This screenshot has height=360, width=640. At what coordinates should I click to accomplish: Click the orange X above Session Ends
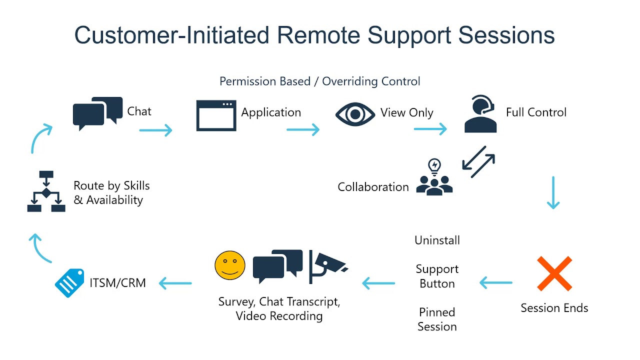tap(554, 273)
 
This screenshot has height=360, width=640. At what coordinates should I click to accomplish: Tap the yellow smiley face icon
tap(230, 265)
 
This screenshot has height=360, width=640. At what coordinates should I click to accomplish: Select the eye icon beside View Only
tap(354, 114)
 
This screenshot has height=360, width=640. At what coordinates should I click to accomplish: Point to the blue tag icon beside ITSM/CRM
tap(69, 283)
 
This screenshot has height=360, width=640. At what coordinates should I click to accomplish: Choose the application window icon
tap(216, 115)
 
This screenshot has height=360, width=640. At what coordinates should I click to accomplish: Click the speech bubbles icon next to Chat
tap(97, 113)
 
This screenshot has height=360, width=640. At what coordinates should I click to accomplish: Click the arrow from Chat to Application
tap(155, 130)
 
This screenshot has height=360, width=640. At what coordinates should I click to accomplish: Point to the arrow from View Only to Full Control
tap(430, 129)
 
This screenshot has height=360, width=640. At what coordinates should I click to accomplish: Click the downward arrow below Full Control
tap(553, 192)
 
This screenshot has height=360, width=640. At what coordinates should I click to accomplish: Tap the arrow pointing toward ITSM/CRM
tap(175, 283)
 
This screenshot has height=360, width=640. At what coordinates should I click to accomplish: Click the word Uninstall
tap(437, 240)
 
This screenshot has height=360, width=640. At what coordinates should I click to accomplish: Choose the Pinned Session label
tap(437, 319)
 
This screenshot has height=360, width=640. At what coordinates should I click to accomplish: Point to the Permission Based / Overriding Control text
tap(320, 81)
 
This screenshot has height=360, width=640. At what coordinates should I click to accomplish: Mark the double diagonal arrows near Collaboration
tap(478, 162)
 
